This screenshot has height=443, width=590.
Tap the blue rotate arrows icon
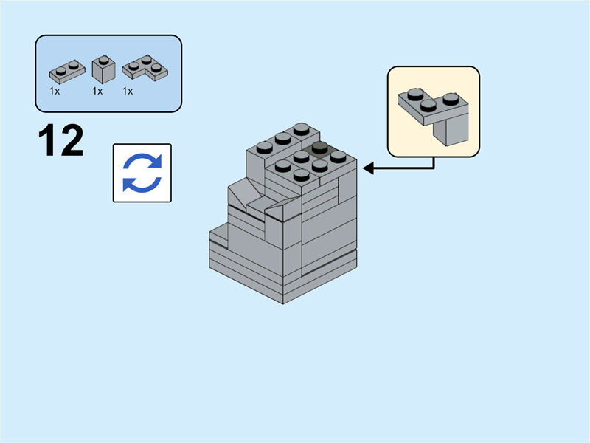pyautogui.click(x=142, y=173)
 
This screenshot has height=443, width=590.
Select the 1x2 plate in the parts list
pyautogui.click(x=66, y=71)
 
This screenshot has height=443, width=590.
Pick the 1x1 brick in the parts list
pyautogui.click(x=102, y=70)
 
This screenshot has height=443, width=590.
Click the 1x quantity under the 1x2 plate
pyautogui.click(x=55, y=92)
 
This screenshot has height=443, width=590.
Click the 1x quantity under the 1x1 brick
pyautogui.click(x=97, y=92)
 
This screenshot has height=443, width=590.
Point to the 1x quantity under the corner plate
pyautogui.click(x=128, y=92)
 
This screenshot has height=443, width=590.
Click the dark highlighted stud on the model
pyautogui.click(x=319, y=147)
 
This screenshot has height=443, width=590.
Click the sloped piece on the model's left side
pyautogui.click(x=240, y=196)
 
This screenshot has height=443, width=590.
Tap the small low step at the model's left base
pyautogui.click(x=218, y=236)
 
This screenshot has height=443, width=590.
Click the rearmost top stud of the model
pyautogui.click(x=300, y=128)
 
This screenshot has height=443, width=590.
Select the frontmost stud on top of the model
pyautogui.click(x=300, y=175)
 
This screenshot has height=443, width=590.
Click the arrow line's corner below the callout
pyautogui.click(x=434, y=168)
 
